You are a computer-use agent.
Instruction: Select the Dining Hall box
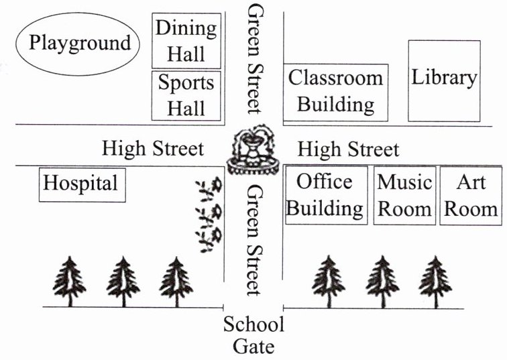186,40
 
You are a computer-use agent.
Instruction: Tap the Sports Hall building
186,95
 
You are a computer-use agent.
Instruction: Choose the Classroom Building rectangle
336,91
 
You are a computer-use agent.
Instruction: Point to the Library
444,80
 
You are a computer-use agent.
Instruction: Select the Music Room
404,194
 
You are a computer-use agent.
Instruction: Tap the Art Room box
471,194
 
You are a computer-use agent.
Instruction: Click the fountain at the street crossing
253,150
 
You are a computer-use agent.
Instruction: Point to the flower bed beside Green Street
210,215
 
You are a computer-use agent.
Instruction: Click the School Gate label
253,335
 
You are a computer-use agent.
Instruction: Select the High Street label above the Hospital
152,148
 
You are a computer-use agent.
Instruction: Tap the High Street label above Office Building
348,149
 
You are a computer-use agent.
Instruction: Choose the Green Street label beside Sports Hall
256,59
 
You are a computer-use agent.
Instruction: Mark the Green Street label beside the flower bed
253,239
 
